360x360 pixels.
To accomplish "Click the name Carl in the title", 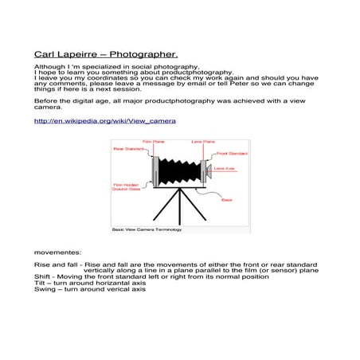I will click(x=45, y=54).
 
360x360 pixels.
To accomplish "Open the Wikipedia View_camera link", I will click(x=105, y=121).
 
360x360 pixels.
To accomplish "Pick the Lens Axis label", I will click(x=224, y=168).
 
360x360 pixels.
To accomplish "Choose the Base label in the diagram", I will click(x=226, y=200).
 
